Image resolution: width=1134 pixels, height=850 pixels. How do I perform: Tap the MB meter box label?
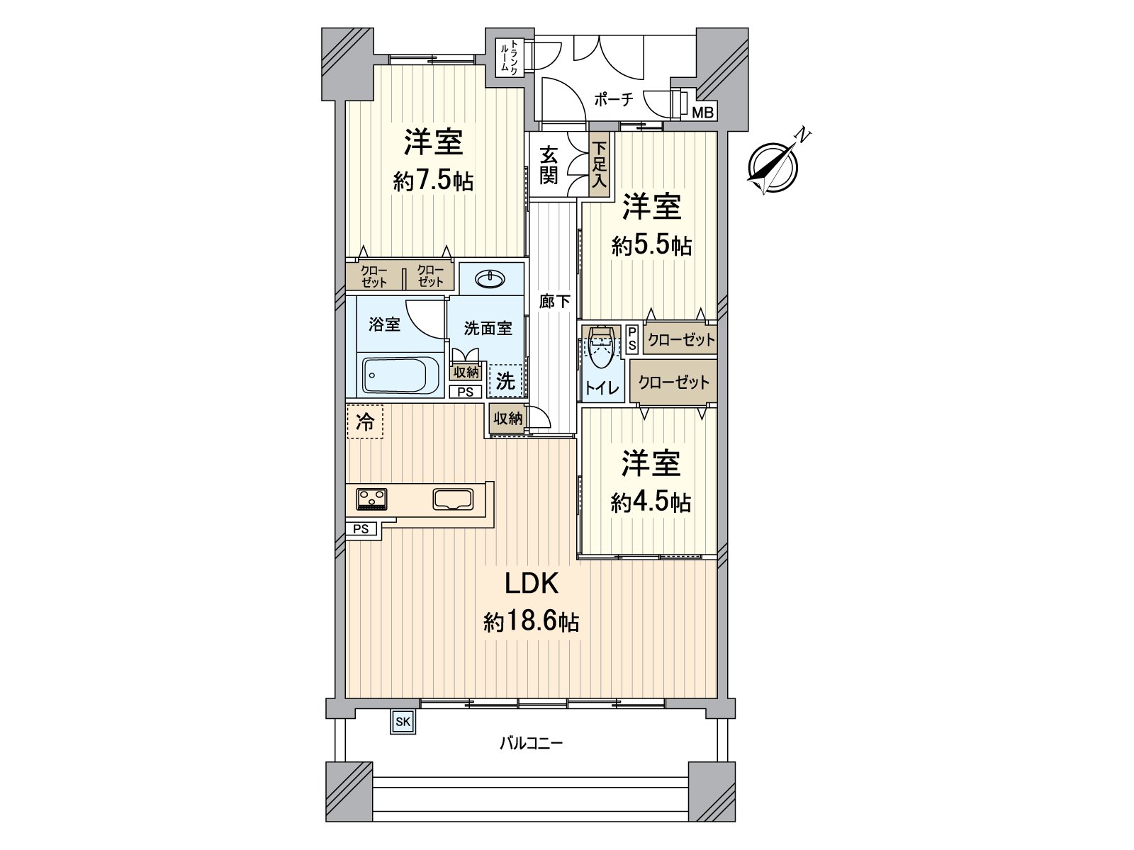click(x=703, y=112)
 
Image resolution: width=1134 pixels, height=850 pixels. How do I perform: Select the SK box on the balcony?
click(x=402, y=722)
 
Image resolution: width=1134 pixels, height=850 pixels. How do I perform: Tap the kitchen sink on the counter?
click(x=452, y=499)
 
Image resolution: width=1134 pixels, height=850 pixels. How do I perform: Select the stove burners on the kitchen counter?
click(x=371, y=499)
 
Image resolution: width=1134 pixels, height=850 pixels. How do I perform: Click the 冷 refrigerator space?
click(x=365, y=423)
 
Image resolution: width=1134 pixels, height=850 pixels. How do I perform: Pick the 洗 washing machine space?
click(x=505, y=381)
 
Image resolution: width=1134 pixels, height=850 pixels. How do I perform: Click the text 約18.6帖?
click(x=532, y=623)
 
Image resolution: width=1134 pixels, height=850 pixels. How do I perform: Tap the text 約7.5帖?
click(x=433, y=181)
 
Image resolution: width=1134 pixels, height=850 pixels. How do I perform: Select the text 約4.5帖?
click(x=651, y=502)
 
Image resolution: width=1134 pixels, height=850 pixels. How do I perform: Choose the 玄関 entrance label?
click(x=549, y=166)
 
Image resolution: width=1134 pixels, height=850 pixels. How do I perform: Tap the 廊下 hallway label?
click(x=554, y=302)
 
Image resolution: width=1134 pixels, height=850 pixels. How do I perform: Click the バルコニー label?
click(x=531, y=743)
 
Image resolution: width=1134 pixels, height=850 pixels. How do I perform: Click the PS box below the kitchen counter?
click(x=361, y=528)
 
